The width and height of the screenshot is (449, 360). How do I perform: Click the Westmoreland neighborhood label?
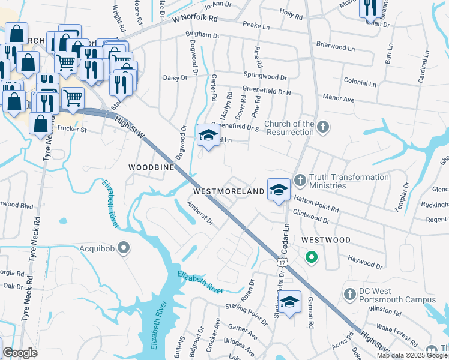click(229, 191)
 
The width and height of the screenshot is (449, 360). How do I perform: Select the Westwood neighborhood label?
click(326, 239)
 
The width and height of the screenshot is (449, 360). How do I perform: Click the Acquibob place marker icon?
click(124, 247)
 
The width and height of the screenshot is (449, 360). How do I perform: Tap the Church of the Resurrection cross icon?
click(324, 127)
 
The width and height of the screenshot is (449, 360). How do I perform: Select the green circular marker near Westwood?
click(311, 258)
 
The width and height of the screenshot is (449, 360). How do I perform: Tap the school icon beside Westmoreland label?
click(279, 190)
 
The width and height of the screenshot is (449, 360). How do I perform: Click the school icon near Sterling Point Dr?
click(289, 302)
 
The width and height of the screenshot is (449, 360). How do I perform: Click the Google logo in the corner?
click(20, 353)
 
